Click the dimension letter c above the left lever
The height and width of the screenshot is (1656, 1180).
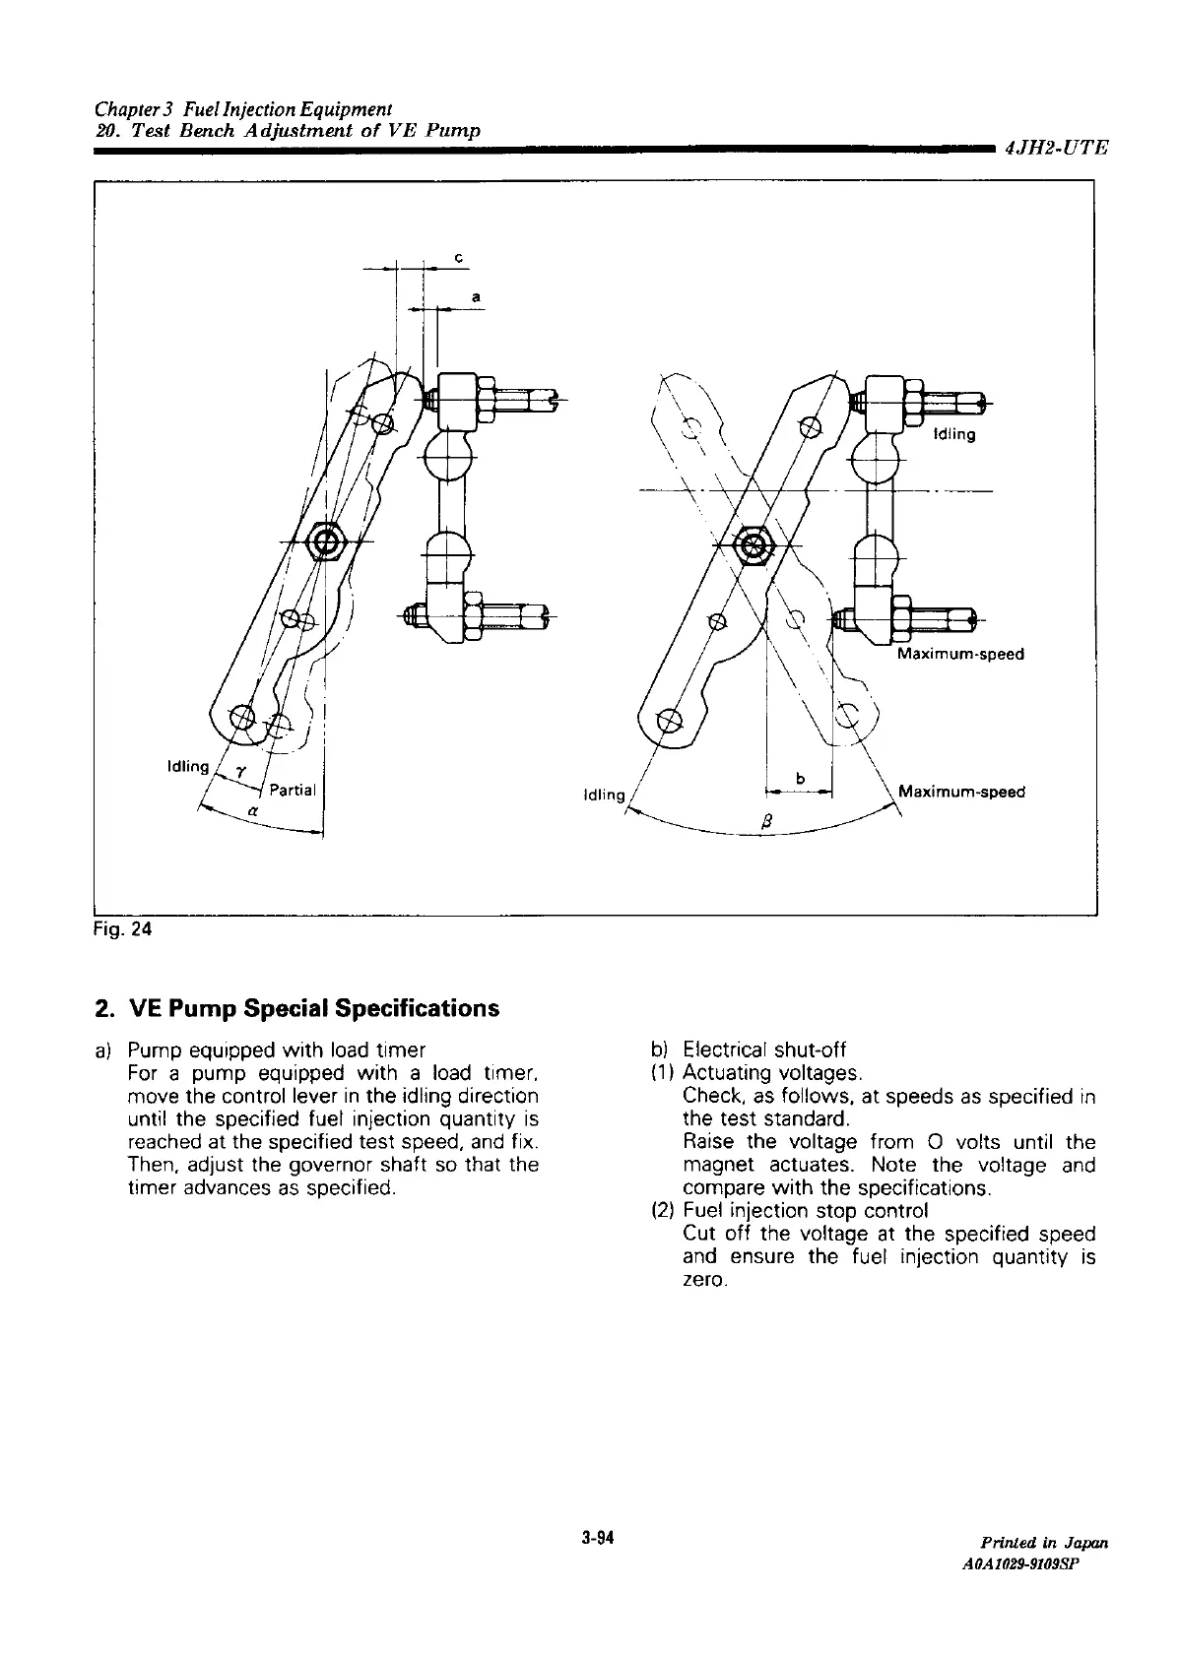pyautogui.click(x=458, y=257)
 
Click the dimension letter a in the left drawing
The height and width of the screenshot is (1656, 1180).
pyautogui.click(x=476, y=294)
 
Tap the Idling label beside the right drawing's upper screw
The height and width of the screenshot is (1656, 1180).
pyautogui.click(x=953, y=435)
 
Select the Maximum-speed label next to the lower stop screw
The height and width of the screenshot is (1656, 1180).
pyautogui.click(x=960, y=654)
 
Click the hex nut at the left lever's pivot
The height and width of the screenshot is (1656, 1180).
pyautogui.click(x=324, y=541)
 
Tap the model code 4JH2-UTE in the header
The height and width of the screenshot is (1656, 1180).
pyautogui.click(x=1056, y=149)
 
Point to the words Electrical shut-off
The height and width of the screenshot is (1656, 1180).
pyautogui.click(x=764, y=1050)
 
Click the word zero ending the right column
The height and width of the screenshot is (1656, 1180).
pyautogui.click(x=703, y=1280)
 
